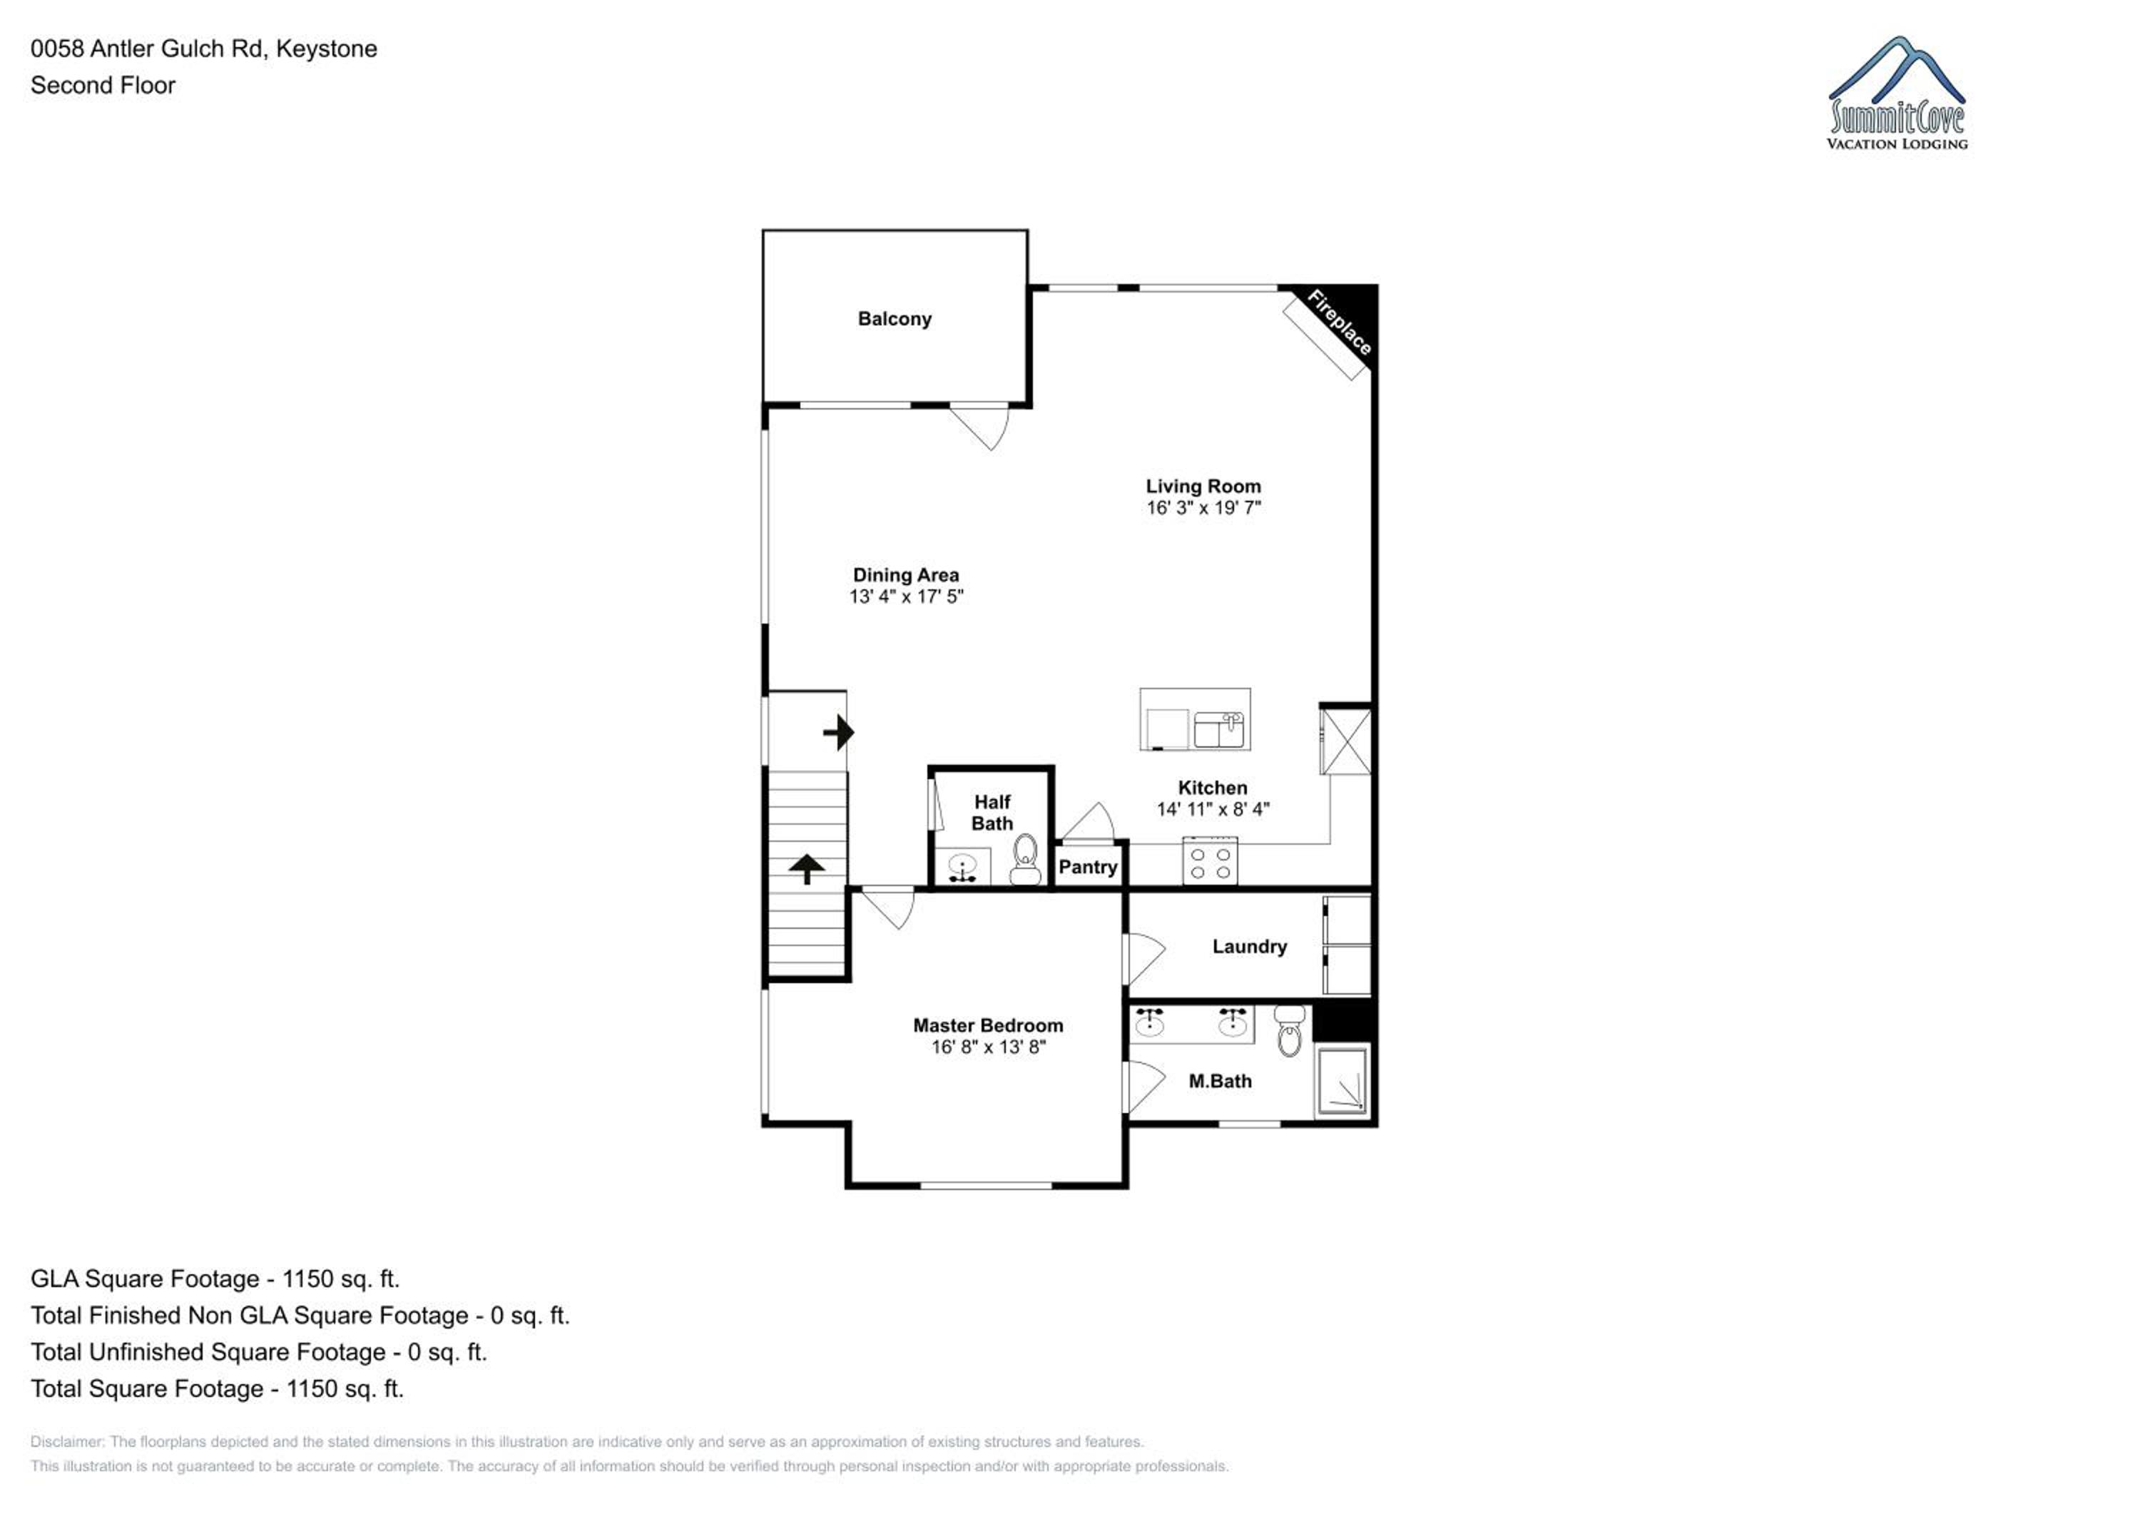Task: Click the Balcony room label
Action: click(894, 319)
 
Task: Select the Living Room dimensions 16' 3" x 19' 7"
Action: click(1203, 508)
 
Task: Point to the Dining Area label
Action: click(905, 575)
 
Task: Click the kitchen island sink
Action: click(1220, 730)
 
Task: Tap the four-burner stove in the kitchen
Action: click(1210, 860)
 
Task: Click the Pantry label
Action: click(1088, 867)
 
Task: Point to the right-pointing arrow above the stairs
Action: click(839, 733)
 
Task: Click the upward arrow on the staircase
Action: click(807, 869)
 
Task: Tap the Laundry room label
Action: click(1249, 946)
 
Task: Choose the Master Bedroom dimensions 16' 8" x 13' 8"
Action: click(988, 1047)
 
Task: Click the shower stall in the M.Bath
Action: click(1342, 1082)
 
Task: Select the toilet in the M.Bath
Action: click(1290, 1030)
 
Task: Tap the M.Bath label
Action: click(1220, 1082)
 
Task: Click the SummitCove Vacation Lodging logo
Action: click(1897, 93)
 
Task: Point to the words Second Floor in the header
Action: click(103, 85)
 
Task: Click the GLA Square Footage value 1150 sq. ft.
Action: click(341, 1279)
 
